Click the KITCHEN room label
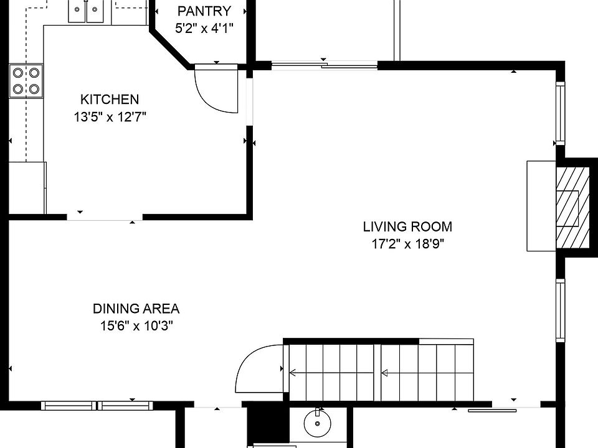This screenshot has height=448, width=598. point(110,100)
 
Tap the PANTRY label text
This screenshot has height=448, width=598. point(204,11)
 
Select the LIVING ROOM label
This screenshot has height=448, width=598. point(407,226)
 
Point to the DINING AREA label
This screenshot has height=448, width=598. point(136,309)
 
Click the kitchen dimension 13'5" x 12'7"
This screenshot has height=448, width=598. point(110,117)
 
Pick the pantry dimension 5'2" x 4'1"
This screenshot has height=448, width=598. point(204,28)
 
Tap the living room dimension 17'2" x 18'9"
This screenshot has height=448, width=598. point(408,244)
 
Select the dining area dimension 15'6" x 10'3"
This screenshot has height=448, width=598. point(136,326)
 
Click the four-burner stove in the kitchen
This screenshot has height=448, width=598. point(26,81)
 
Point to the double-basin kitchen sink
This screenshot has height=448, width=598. point(86,11)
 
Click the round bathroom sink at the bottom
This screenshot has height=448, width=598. point(317,423)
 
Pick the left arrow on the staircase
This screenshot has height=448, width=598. point(331,372)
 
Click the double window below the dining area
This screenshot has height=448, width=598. point(97,406)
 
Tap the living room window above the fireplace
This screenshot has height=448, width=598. point(560,113)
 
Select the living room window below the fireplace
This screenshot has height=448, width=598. point(560,310)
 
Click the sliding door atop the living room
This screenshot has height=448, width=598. point(325,65)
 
